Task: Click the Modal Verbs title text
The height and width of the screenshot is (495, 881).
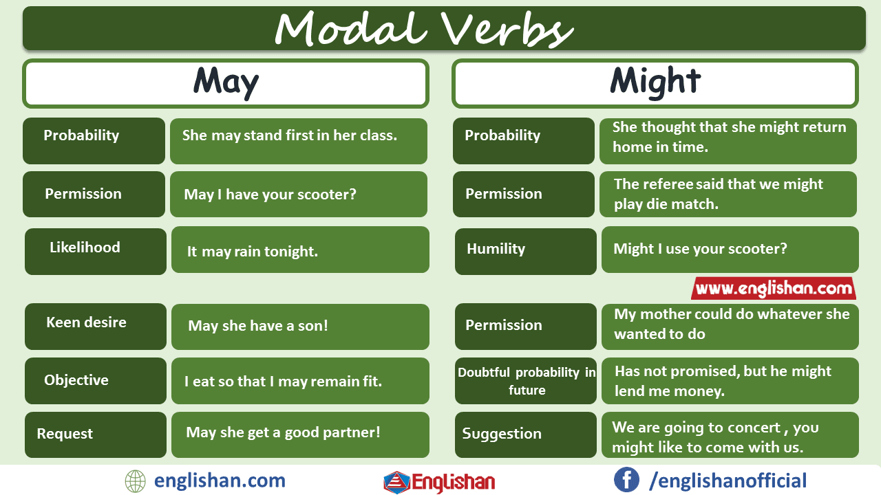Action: coord(423,29)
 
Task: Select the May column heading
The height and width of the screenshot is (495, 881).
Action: coord(226,82)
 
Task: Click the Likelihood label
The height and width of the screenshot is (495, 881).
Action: coord(85,247)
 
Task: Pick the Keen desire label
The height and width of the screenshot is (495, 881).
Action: coord(86,322)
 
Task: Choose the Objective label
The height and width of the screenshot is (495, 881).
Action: coord(76,380)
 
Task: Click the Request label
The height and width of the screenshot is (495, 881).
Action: coord(65,434)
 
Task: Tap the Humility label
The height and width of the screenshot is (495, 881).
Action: coord(496,249)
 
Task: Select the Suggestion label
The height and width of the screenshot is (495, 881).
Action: coord(502,434)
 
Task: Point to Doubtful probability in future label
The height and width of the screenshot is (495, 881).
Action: coord(527,381)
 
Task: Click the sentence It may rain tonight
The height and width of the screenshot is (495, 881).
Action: coord(252,252)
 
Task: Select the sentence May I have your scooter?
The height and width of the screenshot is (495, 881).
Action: coord(270,195)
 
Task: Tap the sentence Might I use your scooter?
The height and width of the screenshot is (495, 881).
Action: coord(700,249)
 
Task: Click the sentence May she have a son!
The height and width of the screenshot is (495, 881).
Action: coord(258,326)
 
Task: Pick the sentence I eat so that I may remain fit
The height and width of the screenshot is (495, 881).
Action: coord(283,381)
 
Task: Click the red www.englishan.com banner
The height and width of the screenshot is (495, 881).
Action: coord(774,288)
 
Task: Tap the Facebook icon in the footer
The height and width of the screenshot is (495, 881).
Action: coord(626,480)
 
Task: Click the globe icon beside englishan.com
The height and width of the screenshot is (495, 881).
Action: coord(136,481)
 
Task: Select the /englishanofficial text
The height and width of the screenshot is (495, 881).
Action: coord(728,481)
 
